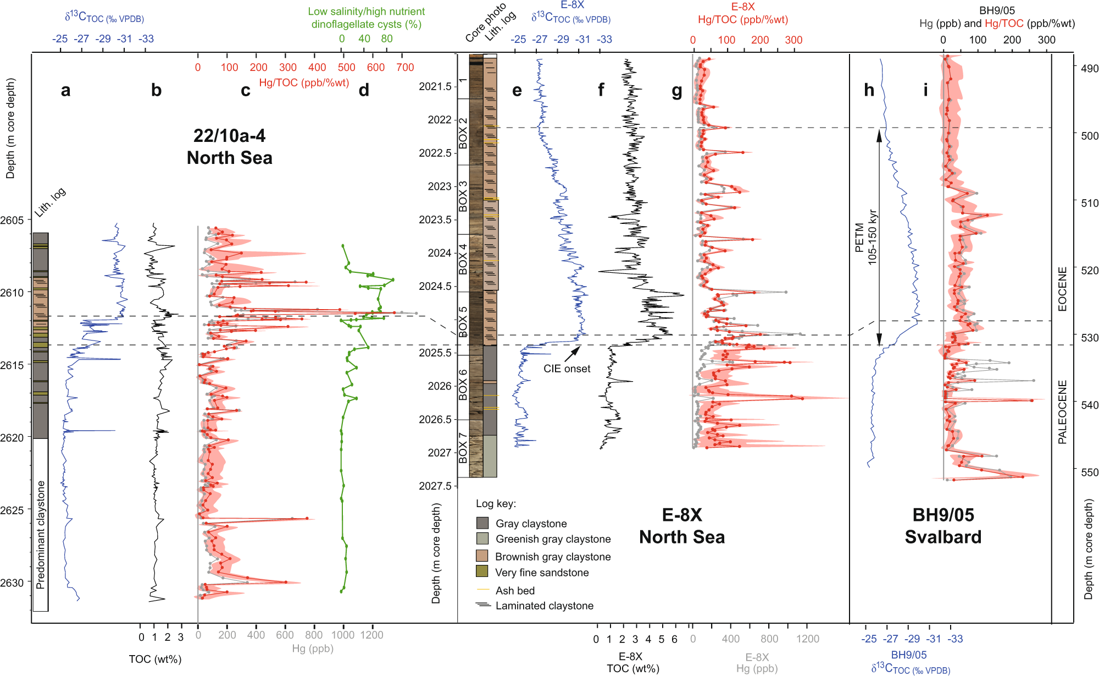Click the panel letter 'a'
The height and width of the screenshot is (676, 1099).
[x=65, y=90]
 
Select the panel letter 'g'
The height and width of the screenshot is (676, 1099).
[x=677, y=90]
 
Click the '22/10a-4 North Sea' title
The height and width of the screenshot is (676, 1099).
[x=229, y=147]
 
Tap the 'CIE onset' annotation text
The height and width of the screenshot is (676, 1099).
[x=567, y=369]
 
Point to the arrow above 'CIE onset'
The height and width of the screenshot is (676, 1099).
[x=573, y=354]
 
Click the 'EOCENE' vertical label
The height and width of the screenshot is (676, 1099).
[x=1062, y=289]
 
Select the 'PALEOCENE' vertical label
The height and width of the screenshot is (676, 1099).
[x=1062, y=412]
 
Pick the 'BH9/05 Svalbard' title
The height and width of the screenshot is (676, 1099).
[x=943, y=525]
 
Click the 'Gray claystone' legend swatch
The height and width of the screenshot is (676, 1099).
[x=482, y=523]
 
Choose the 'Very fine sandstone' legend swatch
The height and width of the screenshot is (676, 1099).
[x=482, y=571]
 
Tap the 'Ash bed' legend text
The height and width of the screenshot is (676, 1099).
[x=514, y=591]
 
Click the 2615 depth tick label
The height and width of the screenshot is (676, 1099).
[x=12, y=365]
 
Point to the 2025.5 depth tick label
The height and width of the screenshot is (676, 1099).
[x=435, y=353]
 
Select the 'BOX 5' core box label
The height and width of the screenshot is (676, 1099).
[x=463, y=321]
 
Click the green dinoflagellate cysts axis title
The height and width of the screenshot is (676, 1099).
[x=366, y=18]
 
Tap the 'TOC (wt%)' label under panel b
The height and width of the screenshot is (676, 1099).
[x=155, y=659]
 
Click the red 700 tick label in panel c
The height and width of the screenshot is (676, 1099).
[x=405, y=68]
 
